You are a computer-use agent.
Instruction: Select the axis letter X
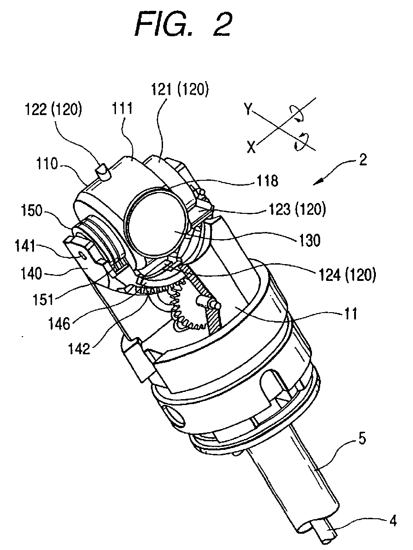click(x=250, y=147)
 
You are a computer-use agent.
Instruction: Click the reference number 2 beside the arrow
click(x=362, y=160)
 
